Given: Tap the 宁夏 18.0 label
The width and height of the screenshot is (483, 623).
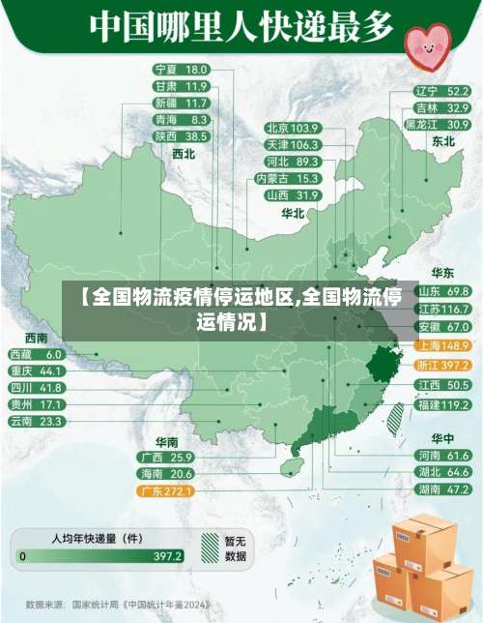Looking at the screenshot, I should coord(181,70).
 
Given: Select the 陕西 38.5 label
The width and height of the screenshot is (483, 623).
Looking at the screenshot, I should coord(181,135).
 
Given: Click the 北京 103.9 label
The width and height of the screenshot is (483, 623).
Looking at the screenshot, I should coord(292,128).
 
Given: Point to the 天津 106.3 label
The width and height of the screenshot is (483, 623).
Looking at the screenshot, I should coord(292,144).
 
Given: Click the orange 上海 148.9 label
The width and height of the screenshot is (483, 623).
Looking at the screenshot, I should coord(442,345).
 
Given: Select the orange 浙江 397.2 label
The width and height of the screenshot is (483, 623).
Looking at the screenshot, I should coord(442,365).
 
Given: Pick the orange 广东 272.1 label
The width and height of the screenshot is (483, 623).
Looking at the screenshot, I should coord(166,491).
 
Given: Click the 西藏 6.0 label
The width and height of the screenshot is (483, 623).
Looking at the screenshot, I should coord(36,355).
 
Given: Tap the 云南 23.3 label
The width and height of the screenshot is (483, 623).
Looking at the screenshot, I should coord(36,421).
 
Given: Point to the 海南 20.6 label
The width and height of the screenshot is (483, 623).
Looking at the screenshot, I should coord(166,474).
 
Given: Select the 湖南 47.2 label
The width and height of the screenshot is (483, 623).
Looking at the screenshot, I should coord(442,489).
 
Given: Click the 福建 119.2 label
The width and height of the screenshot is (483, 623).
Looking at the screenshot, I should coord(442,403).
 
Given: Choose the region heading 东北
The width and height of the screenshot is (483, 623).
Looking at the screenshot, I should coord(443,141).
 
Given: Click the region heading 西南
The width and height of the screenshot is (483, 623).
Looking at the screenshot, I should coord(36,338).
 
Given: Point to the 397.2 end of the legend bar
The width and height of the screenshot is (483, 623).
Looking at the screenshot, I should coord(167,556).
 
